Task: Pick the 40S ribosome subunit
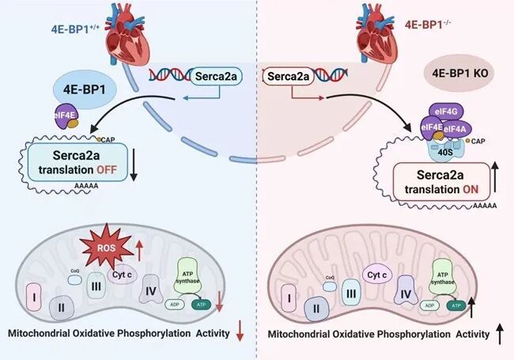point(434,146)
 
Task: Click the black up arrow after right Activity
point(499,336)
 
